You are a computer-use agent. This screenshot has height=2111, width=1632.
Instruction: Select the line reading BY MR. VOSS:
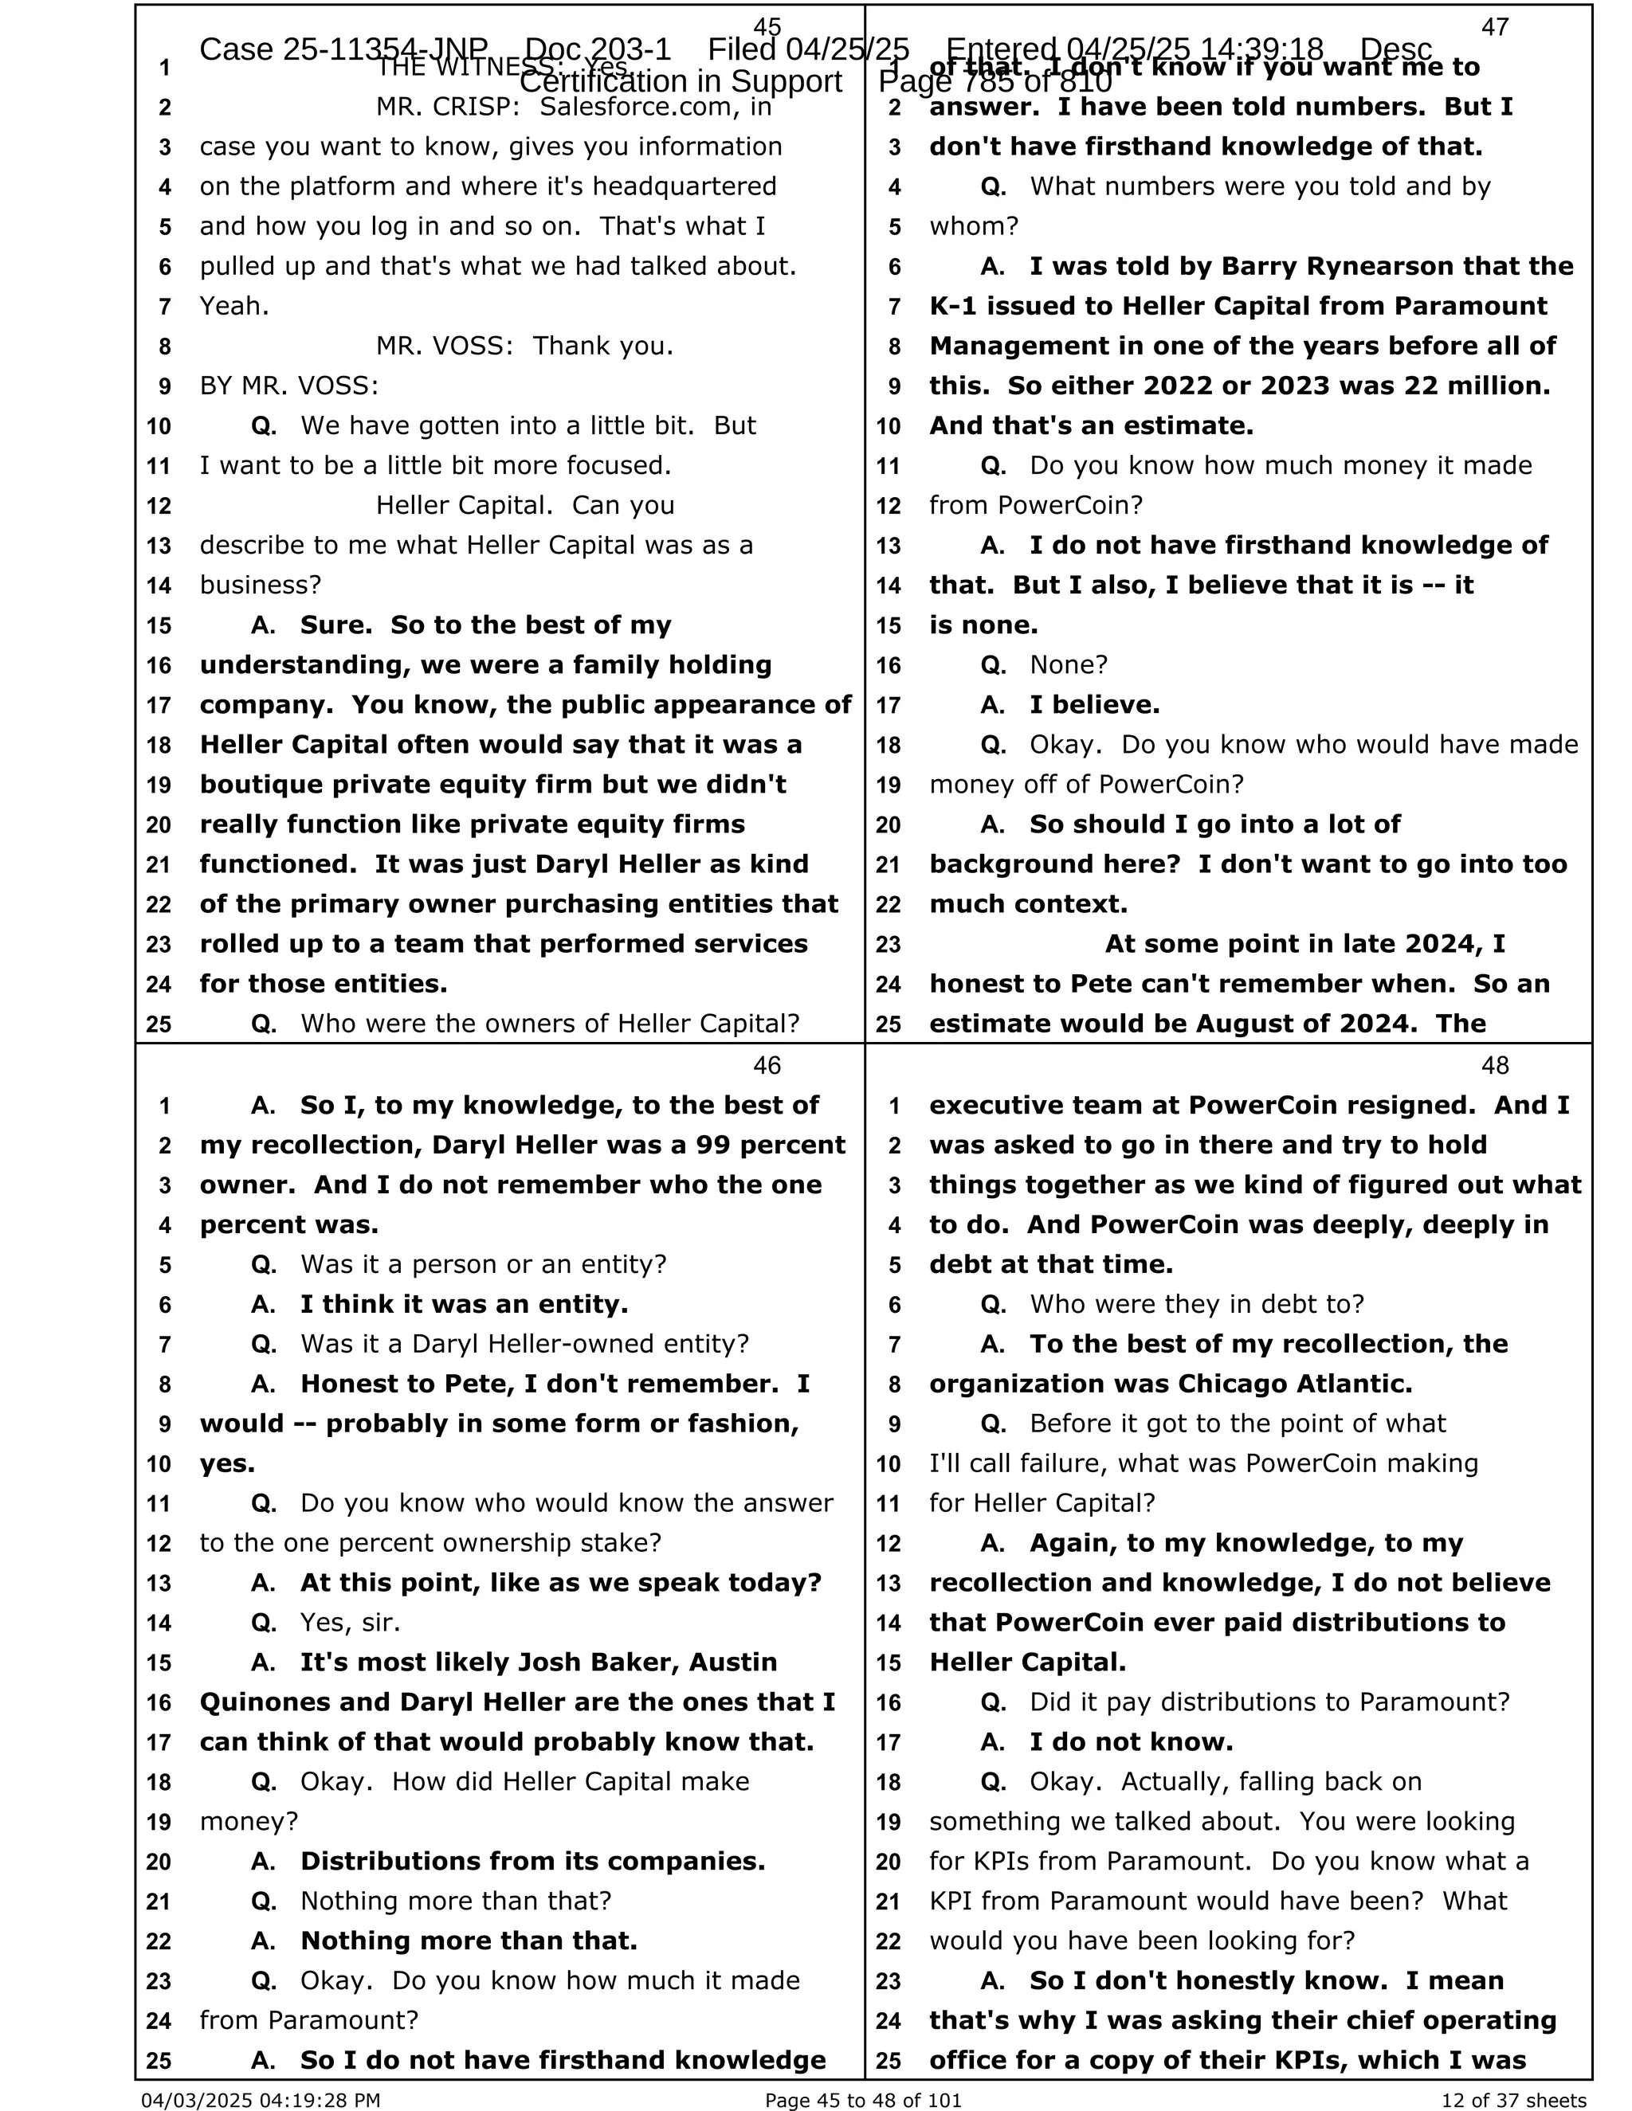pos(289,386)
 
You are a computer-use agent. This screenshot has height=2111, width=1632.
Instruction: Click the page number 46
pos(767,1065)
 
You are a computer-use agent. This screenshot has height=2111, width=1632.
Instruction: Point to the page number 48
pos(1495,1065)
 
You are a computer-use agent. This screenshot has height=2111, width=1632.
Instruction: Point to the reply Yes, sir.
pos(350,1622)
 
